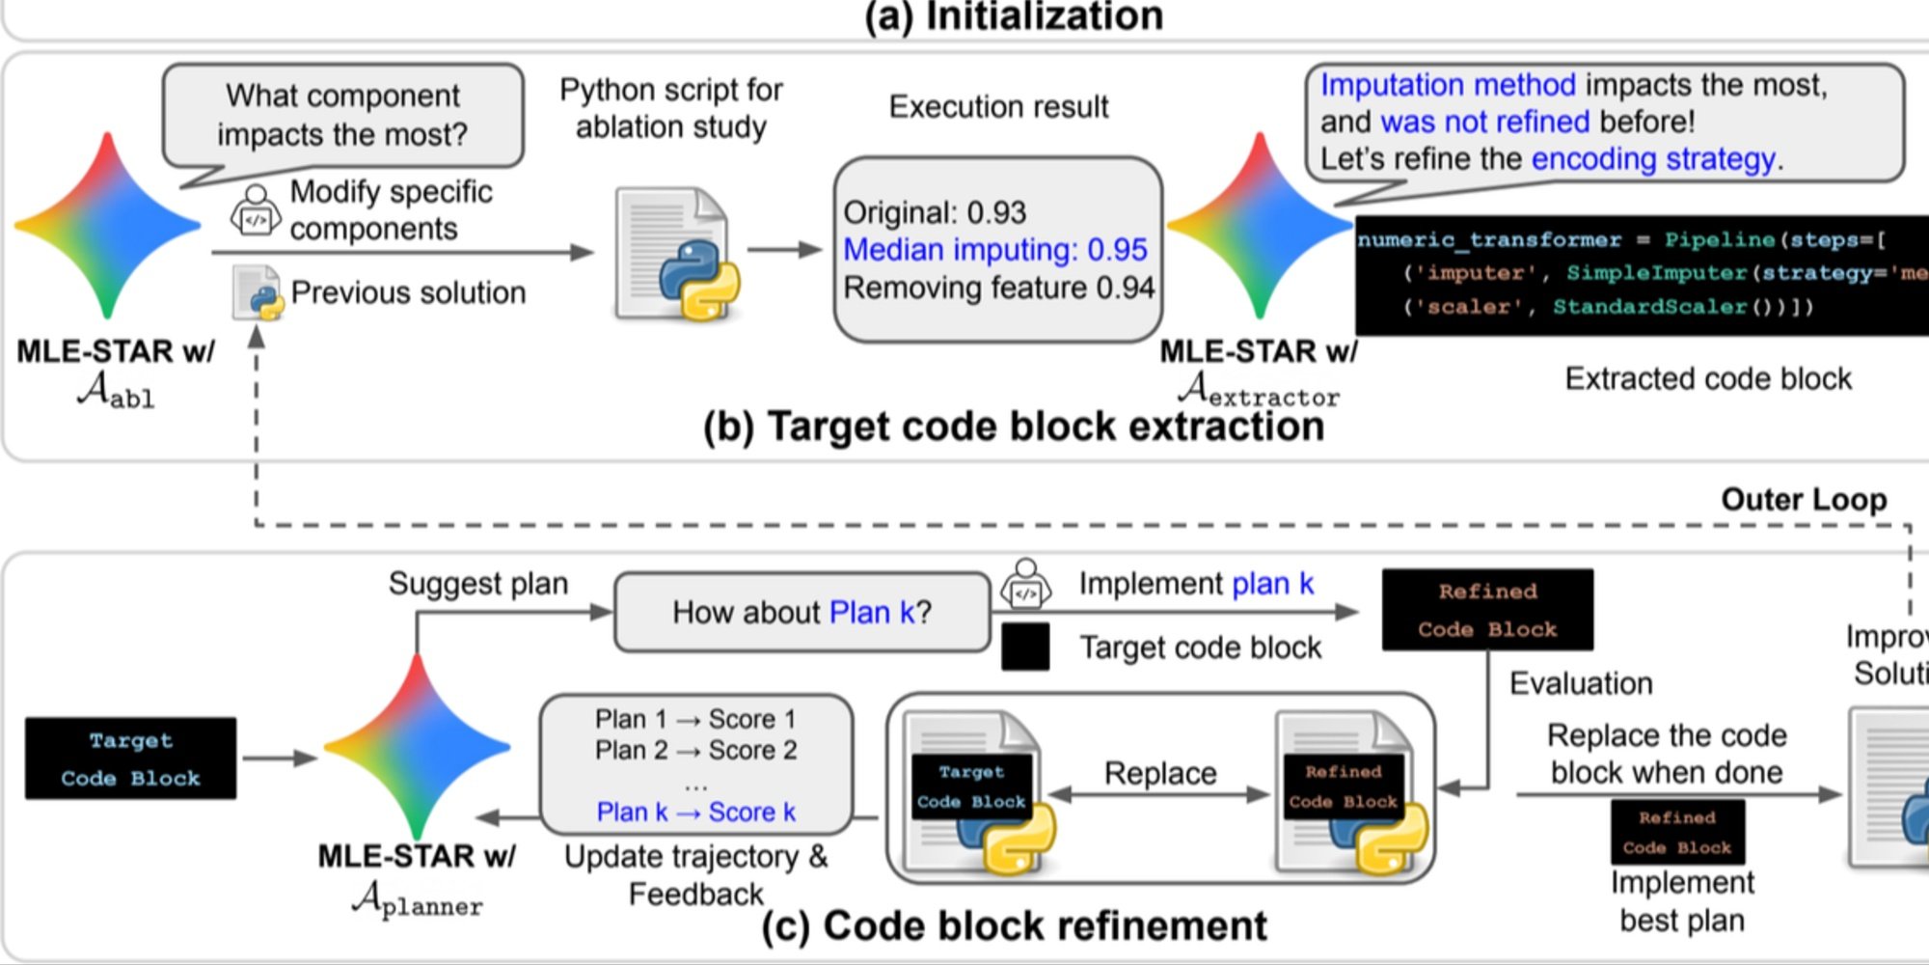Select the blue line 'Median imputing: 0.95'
994,250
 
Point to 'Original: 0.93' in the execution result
935,212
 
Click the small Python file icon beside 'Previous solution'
257,292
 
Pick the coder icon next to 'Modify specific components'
255,209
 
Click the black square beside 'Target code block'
1025,647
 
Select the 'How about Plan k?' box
801,612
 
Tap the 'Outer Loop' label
1804,499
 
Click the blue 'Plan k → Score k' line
695,813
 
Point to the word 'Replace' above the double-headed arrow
1160,773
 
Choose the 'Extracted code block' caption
1708,378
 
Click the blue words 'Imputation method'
1448,85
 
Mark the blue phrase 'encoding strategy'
1653,158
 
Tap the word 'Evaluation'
1581,683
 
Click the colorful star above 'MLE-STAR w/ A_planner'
417,747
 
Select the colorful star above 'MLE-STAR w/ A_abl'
107,226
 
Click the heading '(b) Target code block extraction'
1013,427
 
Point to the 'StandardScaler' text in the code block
1649,307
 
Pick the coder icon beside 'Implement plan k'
1025,583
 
